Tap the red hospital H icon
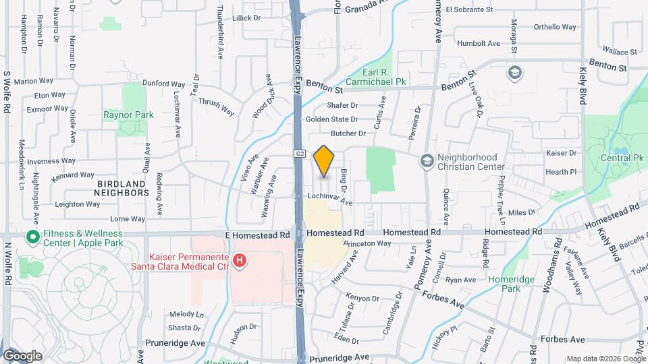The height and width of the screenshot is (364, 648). tap(238, 260)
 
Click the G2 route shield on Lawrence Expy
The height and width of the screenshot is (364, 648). tap(300, 154)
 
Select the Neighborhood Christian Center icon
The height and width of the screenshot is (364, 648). tap(427, 160)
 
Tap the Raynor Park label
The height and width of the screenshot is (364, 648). tap(128, 115)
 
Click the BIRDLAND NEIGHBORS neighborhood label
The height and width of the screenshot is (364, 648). tap(122, 188)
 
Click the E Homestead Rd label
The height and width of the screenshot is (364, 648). tap(259, 235)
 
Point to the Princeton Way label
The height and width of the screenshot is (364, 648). tap(367, 243)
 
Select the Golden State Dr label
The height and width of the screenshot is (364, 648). tap(331, 119)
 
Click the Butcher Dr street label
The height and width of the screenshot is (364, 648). tap(348, 133)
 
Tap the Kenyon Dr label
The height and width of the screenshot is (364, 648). tap(362, 298)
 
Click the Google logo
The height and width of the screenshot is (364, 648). tap(22, 355)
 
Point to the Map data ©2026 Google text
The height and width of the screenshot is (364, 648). tap(605, 359)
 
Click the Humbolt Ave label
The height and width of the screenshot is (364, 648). tap(478, 43)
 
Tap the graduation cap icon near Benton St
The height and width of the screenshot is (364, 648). tap(514, 72)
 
